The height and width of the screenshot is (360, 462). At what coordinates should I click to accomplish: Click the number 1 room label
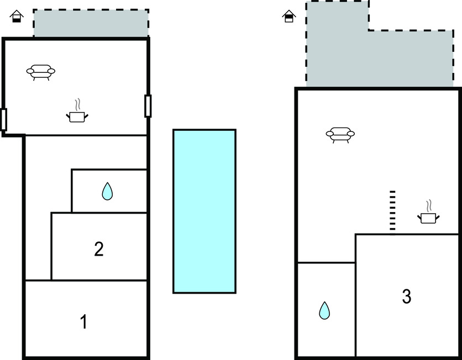click(x=84, y=321)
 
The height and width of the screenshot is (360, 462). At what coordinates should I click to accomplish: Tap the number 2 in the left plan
click(x=99, y=249)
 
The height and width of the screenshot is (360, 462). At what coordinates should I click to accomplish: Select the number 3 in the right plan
click(x=407, y=297)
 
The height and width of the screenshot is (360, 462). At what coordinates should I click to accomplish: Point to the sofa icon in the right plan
click(x=340, y=135)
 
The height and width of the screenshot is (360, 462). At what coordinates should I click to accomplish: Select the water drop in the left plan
click(x=107, y=191)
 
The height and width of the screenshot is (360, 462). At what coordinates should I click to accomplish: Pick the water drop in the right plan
click(x=324, y=310)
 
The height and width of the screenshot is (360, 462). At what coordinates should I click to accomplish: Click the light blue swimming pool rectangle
click(x=204, y=211)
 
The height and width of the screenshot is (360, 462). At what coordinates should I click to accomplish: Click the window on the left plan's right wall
click(x=148, y=106)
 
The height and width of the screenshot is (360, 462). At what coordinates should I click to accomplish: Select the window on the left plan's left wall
click(x=4, y=119)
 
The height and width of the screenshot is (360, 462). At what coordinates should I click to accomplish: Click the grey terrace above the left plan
click(x=91, y=23)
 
